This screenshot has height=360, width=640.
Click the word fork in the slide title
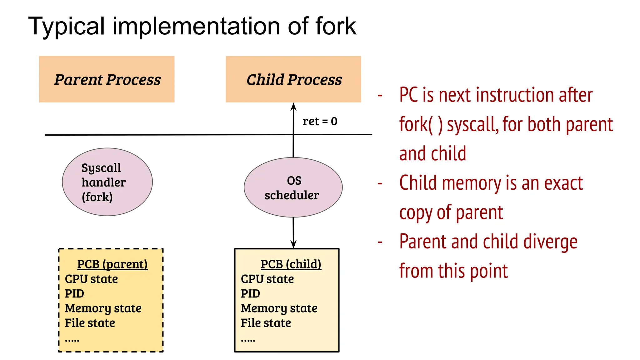336,26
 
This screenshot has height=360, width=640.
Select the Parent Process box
107,79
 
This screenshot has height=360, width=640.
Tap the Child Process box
293,79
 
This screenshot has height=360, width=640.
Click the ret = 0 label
320,121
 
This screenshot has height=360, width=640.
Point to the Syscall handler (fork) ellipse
107,182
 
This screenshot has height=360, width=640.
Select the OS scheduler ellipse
293,187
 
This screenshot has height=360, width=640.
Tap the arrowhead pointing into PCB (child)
293,245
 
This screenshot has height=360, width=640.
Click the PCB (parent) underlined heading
112,264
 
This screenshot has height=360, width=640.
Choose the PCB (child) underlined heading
291,264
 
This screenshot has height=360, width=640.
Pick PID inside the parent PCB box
74,294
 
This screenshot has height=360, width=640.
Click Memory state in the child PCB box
279,308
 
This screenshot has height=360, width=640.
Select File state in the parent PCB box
90,323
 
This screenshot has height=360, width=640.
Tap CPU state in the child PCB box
267,279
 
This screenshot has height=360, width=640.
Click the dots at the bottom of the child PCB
248,340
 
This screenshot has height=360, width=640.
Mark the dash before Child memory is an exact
380,183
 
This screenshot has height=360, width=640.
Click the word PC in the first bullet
408,95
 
